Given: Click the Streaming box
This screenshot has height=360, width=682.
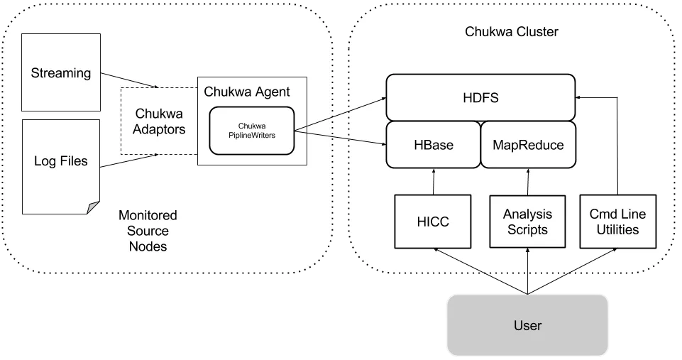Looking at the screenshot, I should pos(61,72).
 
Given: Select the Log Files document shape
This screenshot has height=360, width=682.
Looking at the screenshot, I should pos(61,162).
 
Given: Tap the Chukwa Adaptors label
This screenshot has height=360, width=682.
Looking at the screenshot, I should pos(160,121).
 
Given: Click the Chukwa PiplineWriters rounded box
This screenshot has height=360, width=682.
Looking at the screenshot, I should pos(251,130).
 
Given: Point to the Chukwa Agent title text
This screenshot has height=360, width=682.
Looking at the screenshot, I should pos(246,92).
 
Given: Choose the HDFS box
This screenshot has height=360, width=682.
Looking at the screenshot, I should pos(479,97).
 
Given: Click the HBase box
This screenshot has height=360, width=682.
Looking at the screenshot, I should pos(433,145).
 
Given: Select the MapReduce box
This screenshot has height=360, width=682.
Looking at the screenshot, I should pos(527,145).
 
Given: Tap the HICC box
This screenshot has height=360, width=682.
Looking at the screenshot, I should pos(432,222).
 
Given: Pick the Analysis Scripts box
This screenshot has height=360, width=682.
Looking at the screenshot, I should pos(527,222).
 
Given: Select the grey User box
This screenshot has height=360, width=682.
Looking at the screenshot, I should pos(527,326).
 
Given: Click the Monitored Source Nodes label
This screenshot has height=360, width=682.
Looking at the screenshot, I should pos(148,231).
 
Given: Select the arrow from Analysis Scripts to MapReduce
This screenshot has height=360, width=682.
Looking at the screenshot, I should pos(527,182).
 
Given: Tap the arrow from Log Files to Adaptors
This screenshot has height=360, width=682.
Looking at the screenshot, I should pos(128,161).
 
